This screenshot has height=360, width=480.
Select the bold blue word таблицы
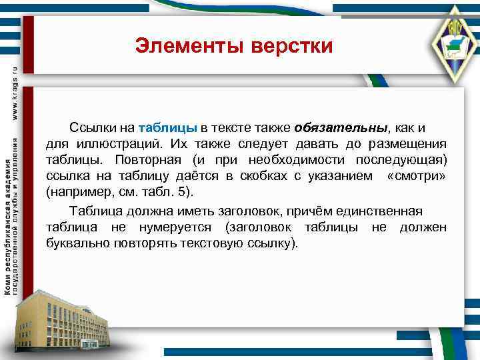168,128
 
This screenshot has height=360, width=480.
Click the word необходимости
298,161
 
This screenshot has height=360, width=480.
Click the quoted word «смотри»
417,177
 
